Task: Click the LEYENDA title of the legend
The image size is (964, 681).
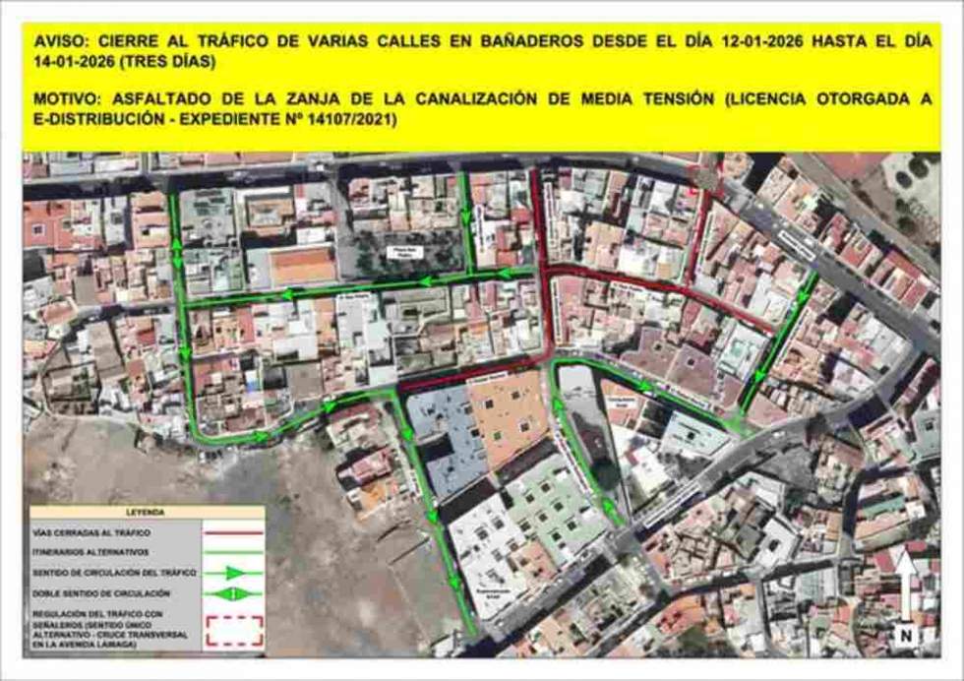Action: [x=146, y=513]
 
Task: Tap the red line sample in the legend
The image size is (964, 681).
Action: [x=233, y=532]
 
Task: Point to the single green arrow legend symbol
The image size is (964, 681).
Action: [x=233, y=573]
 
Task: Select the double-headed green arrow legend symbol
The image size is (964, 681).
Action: [x=233, y=593]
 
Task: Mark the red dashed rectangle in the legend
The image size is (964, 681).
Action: [x=233, y=630]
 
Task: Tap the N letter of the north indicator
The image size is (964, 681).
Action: [x=904, y=636]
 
